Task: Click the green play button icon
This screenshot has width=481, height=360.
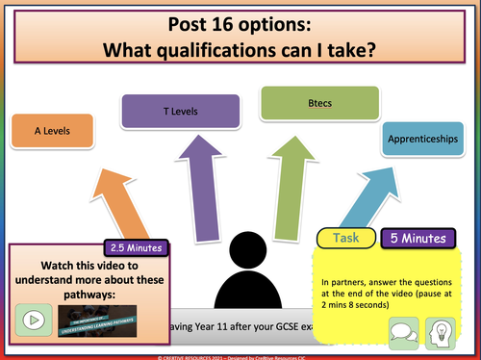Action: click(x=32, y=318)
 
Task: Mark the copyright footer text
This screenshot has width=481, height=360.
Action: click(x=240, y=354)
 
